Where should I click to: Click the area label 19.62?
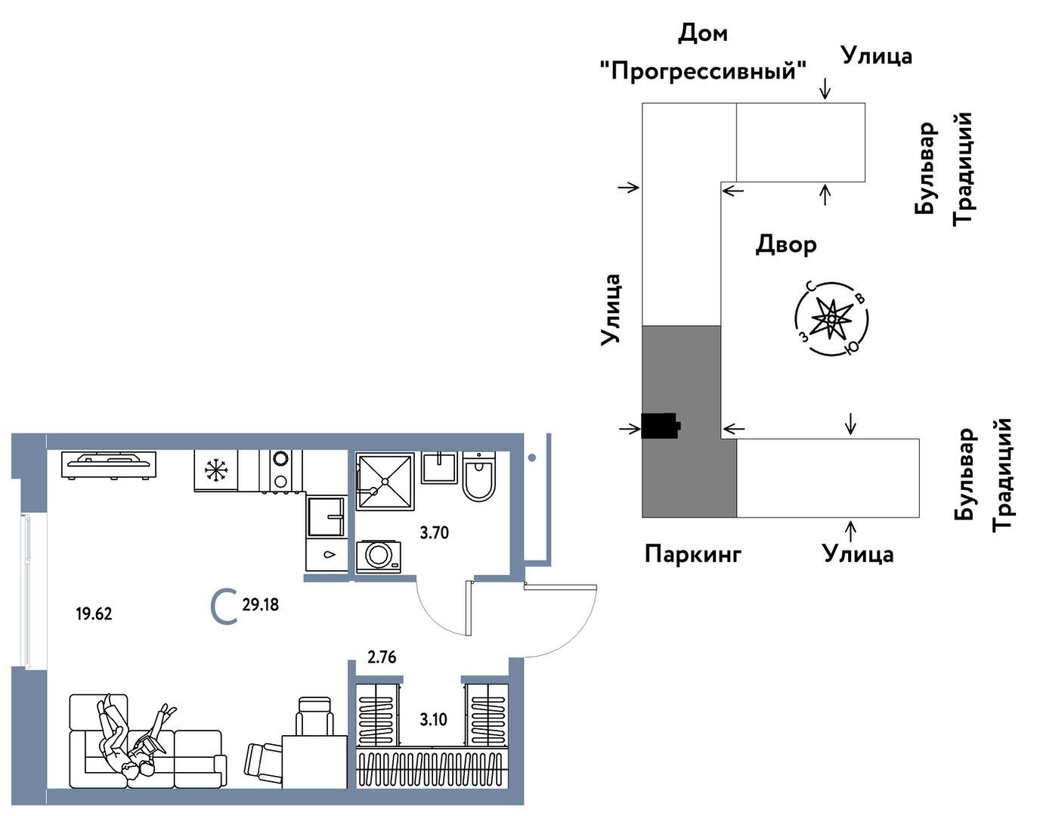[94, 613]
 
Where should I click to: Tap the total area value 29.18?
[260, 604]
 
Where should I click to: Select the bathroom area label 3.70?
[434, 532]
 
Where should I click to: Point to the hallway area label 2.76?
[382, 657]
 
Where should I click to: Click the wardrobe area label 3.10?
[434, 719]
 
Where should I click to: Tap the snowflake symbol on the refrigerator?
[216, 471]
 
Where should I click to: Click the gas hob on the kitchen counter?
[109, 463]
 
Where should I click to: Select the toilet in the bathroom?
[478, 477]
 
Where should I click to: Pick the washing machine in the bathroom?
[379, 556]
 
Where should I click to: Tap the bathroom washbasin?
[438, 468]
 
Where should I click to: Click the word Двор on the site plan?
[786, 244]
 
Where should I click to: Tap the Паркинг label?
[693, 554]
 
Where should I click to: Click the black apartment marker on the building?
[660, 426]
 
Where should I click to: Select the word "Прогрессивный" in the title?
[703, 71]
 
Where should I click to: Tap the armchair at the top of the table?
[314, 715]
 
